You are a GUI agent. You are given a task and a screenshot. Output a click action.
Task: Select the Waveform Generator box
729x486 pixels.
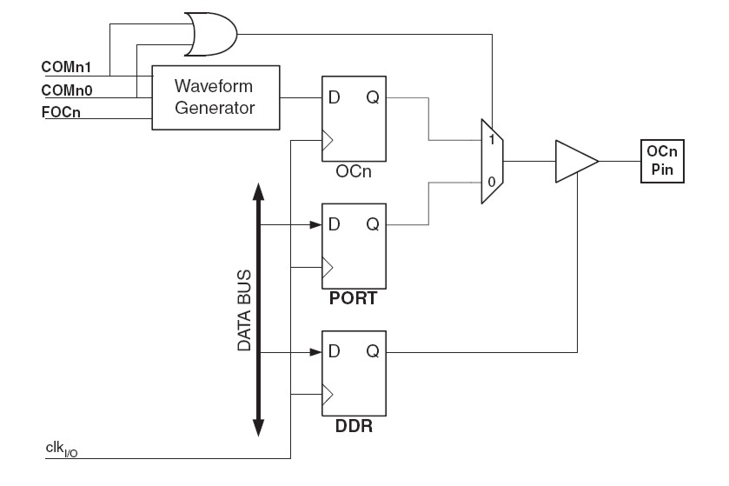(x=215, y=97)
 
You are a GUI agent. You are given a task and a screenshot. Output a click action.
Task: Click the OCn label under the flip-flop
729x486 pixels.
(x=354, y=172)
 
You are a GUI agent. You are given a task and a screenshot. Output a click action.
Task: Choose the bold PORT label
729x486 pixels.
(x=354, y=298)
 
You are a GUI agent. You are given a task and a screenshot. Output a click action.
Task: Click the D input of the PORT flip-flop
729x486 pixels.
(x=334, y=224)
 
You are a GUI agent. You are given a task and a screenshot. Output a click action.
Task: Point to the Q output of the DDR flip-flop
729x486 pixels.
(x=372, y=352)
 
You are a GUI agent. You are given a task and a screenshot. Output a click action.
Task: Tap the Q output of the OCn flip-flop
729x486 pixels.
(x=372, y=97)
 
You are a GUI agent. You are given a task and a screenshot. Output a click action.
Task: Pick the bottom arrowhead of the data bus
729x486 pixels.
(x=259, y=428)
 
